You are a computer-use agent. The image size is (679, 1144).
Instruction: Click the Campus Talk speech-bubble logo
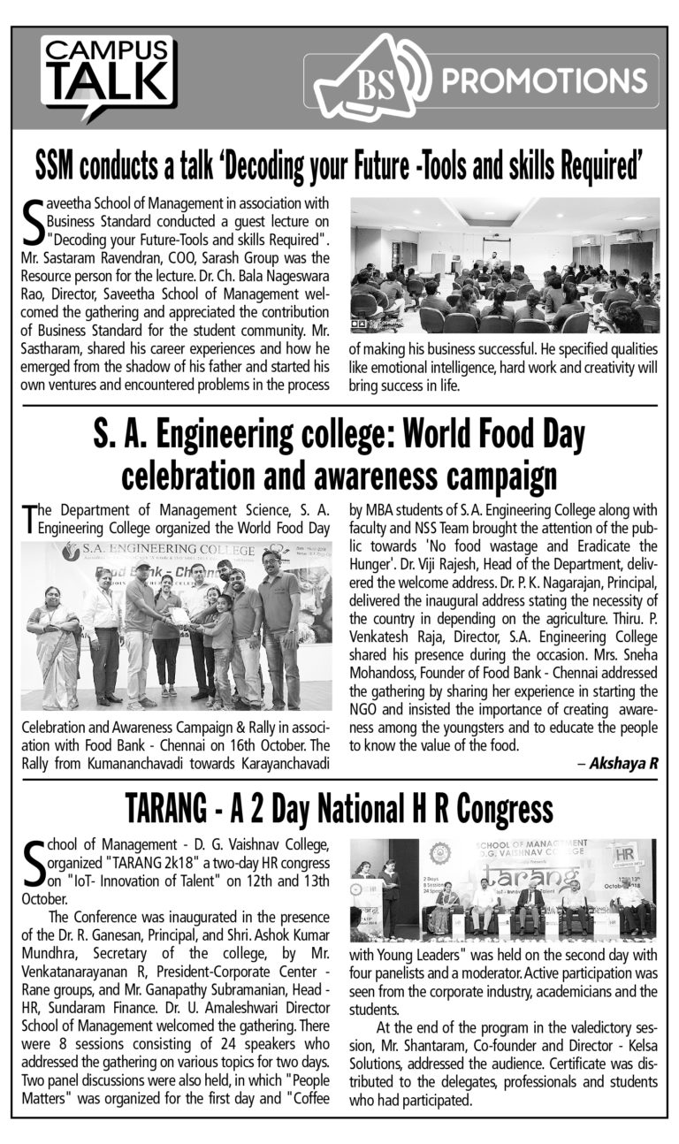pos(110,78)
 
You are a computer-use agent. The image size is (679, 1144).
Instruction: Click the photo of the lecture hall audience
pos(505,264)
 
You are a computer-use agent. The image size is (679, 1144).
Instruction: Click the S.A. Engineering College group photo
pos(177,626)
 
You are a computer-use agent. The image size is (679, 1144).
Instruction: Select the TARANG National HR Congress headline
pos(339,807)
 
